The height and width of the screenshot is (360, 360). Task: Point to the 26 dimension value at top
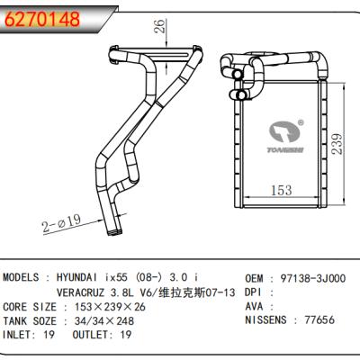[x=159, y=28]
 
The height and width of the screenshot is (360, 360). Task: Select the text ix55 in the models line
[x=148, y=279]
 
